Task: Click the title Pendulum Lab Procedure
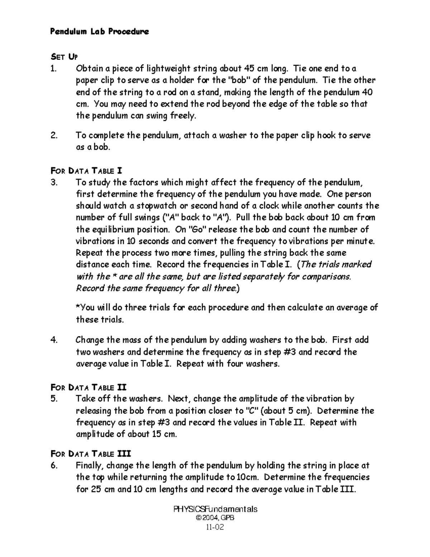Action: click(99, 32)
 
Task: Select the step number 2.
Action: click(54, 135)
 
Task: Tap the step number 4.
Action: click(54, 340)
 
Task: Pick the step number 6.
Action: click(54, 466)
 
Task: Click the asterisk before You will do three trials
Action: click(78, 307)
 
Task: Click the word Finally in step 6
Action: click(90, 466)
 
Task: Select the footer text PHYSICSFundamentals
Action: click(215, 509)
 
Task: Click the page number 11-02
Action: click(215, 527)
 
